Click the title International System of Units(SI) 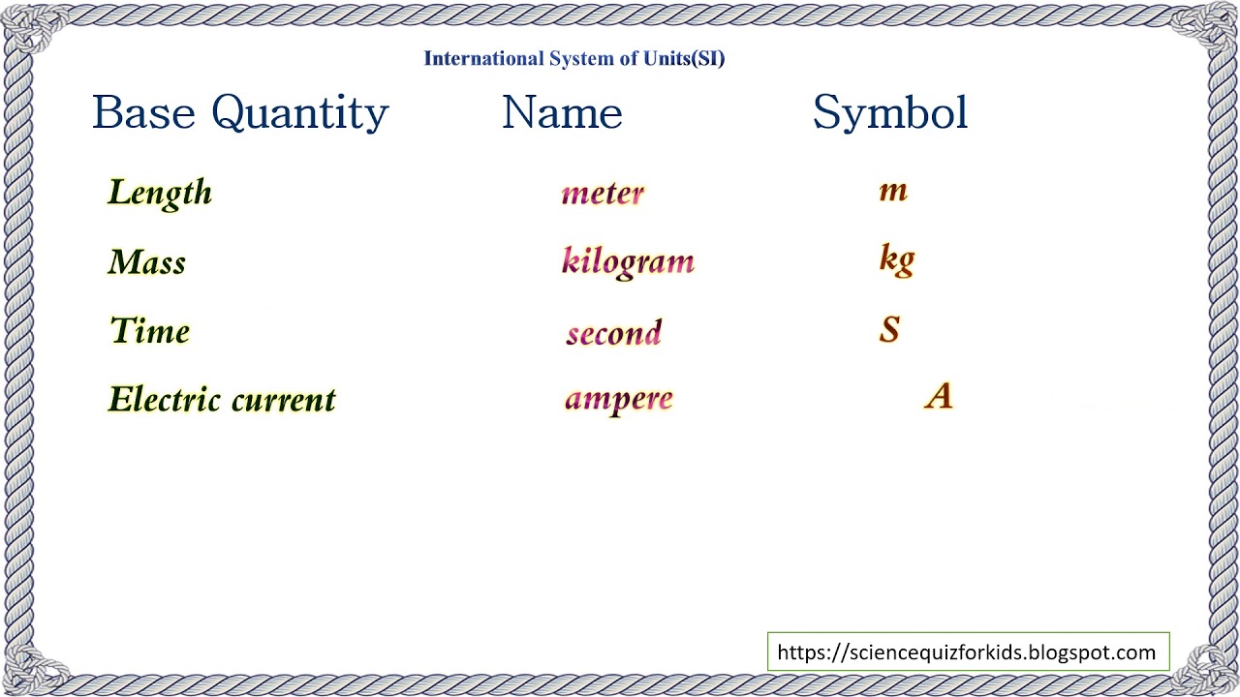click(574, 59)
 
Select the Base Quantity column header click(240, 113)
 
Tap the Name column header click(562, 113)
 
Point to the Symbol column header click(890, 113)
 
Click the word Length click(160, 193)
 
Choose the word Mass click(147, 262)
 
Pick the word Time click(150, 331)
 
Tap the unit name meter click(603, 193)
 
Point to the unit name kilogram click(628, 262)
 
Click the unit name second click(614, 333)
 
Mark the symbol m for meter click(893, 191)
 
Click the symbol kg click(897, 260)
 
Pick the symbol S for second click(890, 330)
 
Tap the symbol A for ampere click(939, 396)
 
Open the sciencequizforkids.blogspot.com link click(967, 652)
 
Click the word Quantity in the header click(299, 113)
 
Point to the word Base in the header click(146, 113)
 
